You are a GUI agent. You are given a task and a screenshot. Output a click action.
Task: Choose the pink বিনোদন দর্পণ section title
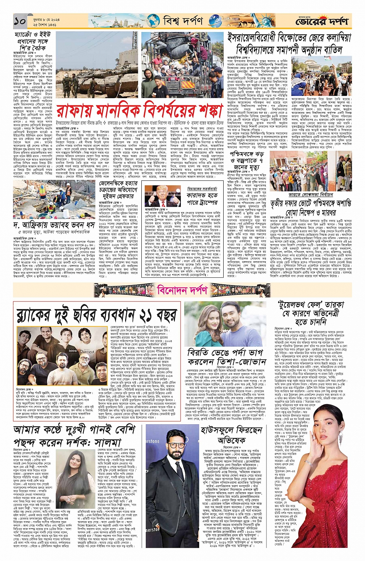182,290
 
